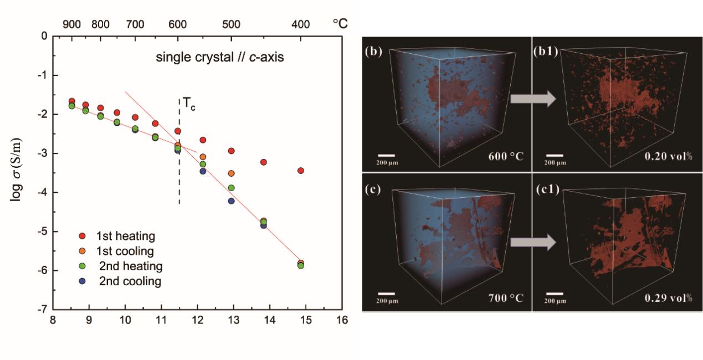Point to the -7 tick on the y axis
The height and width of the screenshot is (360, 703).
pyautogui.click(x=43, y=310)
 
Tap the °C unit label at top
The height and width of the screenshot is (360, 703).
pyautogui.click(x=340, y=23)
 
